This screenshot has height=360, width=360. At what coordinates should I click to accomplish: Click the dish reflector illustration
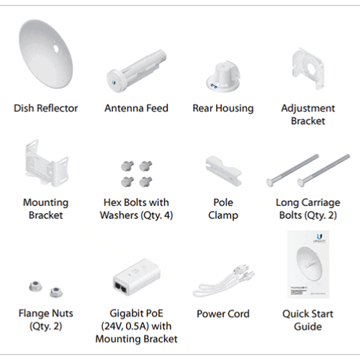tap(45, 55)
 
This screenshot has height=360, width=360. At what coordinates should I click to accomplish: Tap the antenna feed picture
tap(136, 71)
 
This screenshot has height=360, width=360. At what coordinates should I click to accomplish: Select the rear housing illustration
tap(223, 76)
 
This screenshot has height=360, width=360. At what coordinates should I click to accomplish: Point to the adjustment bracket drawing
tap(308, 68)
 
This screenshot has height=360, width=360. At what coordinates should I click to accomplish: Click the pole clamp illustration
tap(223, 171)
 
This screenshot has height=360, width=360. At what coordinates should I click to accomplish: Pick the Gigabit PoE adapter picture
tap(137, 277)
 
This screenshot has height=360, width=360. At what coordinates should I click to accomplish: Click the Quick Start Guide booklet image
tap(308, 264)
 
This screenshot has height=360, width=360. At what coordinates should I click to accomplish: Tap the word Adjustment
tap(308, 109)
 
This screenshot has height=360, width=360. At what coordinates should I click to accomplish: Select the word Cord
tap(238, 314)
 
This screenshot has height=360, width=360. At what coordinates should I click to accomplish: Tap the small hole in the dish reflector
tap(56, 48)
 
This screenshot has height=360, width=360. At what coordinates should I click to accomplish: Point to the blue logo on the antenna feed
tap(114, 83)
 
